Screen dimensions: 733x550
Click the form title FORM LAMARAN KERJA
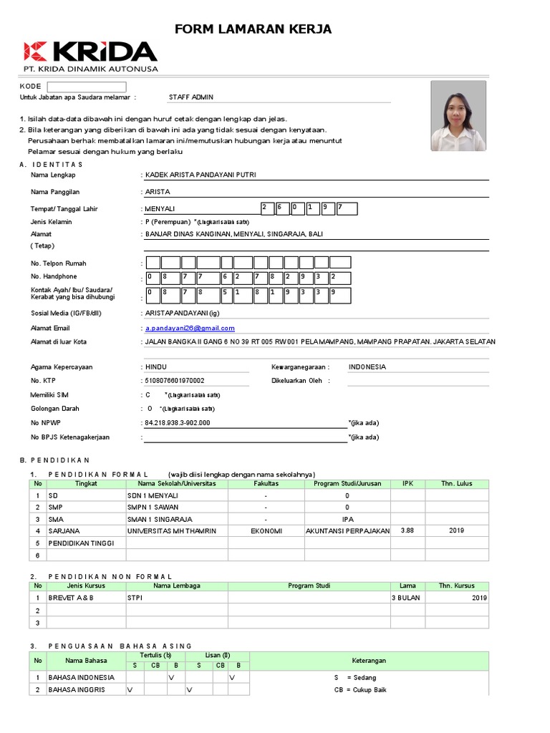254,29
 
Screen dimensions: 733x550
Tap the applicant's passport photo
458,116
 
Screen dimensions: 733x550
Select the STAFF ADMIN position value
190,97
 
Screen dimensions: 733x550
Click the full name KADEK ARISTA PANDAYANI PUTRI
200,175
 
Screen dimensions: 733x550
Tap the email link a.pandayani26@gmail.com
190,328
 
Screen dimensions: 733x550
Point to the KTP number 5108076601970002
175,381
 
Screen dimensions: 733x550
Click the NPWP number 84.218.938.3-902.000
178,422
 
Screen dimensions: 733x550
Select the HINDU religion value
156,367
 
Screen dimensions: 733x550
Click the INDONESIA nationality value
367,367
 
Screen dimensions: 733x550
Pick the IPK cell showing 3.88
407,530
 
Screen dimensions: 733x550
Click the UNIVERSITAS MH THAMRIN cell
171,530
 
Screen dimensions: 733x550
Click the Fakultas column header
266,484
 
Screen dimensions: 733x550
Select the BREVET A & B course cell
71,598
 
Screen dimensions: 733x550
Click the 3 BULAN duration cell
405,598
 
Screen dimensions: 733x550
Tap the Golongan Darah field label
55,409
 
